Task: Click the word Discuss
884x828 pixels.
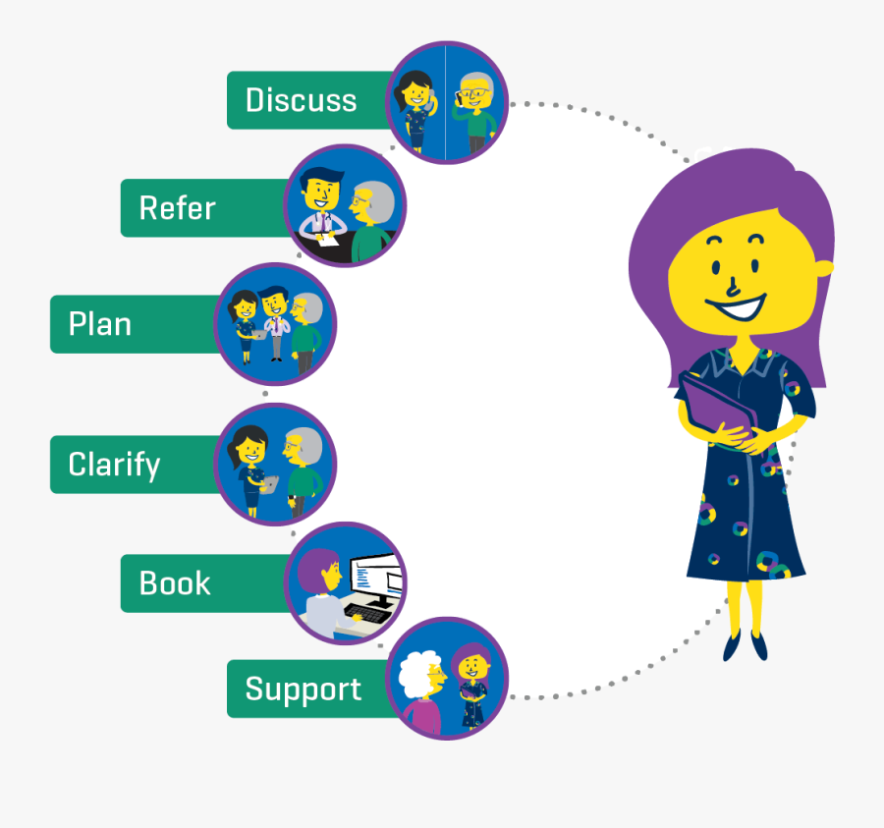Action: coord(301,100)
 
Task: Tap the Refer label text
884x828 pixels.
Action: coord(177,208)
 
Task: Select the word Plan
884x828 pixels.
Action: coord(99,324)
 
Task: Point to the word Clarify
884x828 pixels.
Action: coord(114,465)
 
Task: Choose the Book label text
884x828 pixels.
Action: coord(175,583)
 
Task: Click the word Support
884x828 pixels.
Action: coord(303,690)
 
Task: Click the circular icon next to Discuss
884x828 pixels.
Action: coord(447,101)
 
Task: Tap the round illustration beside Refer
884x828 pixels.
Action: coord(345,206)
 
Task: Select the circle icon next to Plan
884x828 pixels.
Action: coord(276,324)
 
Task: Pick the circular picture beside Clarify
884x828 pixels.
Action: coord(276,465)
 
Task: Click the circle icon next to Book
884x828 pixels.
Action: coord(345,583)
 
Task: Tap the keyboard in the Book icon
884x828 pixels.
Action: coord(365,614)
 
